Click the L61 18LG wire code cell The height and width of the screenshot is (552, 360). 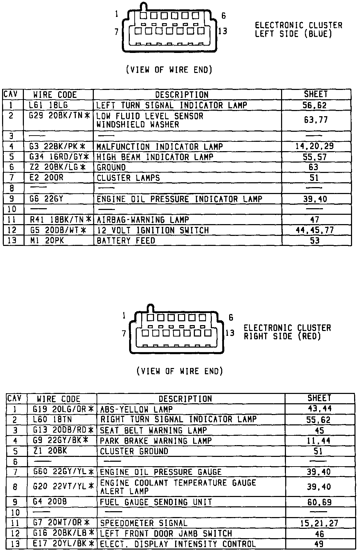pos(48,105)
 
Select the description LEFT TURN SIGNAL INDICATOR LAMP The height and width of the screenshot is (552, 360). pos(171,105)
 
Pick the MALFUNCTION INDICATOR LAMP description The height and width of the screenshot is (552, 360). pos(159,147)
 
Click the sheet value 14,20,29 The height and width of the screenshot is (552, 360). pos(315,146)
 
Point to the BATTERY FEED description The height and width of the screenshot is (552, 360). pos(126,241)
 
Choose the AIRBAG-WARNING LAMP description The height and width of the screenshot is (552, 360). pos(143,220)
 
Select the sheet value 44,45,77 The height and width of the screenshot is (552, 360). pos(315,230)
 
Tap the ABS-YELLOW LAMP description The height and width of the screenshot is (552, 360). pos(136,410)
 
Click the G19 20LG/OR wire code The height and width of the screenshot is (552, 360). pos(63,410)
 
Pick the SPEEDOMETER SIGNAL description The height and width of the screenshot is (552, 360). pos(143,523)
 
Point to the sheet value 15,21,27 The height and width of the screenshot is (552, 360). pos(319,524)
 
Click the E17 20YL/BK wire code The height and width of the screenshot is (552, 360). pos(63,544)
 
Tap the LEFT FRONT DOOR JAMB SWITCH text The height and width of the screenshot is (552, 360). pos(166,534)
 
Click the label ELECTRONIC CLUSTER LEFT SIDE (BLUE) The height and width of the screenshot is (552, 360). pos(298,29)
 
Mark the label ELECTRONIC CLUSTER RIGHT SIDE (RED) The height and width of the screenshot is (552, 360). pos(287,332)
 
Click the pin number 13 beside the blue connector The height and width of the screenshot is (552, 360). pos(223,31)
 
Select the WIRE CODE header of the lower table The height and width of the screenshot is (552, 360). pos(58,399)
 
